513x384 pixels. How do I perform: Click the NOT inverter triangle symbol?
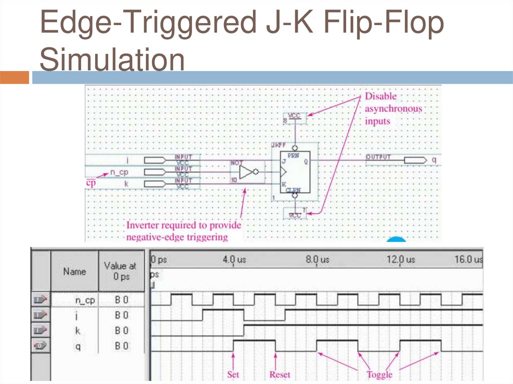[x=247, y=173]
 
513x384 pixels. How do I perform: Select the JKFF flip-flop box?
[x=295, y=172]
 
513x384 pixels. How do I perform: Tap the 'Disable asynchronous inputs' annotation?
[x=393, y=108]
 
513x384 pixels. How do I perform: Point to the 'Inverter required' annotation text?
[x=183, y=231]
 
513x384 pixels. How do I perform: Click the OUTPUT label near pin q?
[x=378, y=157]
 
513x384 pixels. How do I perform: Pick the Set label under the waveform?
[x=233, y=374]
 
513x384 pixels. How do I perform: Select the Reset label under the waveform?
[x=280, y=374]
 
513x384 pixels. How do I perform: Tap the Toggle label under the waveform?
[x=379, y=374]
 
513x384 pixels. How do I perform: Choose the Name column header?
[x=74, y=271]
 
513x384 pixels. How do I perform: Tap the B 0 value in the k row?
[x=121, y=331]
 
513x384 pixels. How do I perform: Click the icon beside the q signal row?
[x=40, y=346]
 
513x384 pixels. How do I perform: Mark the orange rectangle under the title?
[x=15, y=78]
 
